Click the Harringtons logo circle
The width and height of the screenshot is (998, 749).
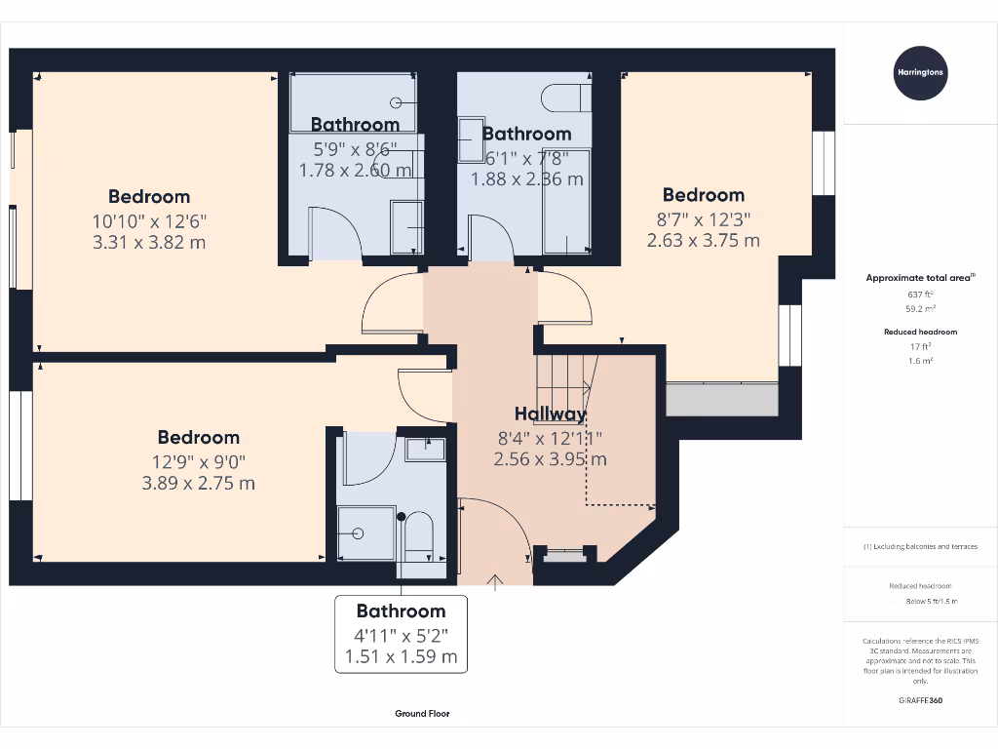click(920, 72)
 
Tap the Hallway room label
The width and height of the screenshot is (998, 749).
click(551, 414)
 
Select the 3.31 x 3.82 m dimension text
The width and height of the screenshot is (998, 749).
click(149, 242)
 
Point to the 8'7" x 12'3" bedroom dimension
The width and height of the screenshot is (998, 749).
click(703, 218)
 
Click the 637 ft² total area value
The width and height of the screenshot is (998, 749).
click(920, 294)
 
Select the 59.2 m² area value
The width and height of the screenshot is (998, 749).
click(920, 307)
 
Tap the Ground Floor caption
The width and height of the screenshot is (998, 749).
click(422, 714)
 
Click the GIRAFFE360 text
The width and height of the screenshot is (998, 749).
click(920, 700)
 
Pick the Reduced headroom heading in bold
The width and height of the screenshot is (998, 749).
click(920, 332)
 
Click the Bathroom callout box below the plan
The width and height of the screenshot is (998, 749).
click(401, 633)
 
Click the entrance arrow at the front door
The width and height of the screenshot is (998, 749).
click(495, 582)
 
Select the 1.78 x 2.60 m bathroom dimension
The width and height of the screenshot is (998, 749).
click(355, 170)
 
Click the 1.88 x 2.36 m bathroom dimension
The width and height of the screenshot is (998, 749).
click(527, 178)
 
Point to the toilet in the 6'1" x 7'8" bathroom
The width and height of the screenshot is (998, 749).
click(564, 99)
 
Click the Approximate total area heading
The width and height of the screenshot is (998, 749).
click(920, 278)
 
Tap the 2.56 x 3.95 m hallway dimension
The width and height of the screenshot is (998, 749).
click(551, 458)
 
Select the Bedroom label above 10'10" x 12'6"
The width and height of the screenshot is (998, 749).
click(149, 196)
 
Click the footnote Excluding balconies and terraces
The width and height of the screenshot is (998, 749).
click(920, 547)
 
